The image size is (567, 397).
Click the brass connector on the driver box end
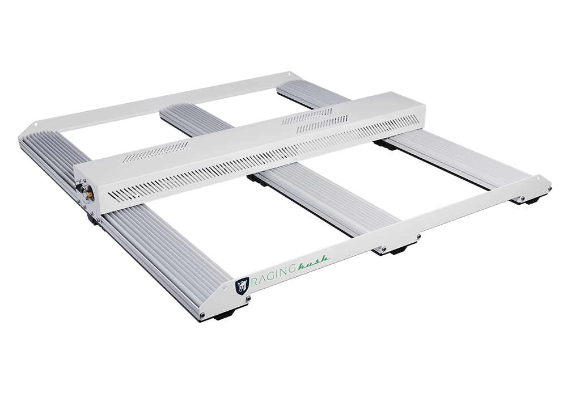(x=88, y=193)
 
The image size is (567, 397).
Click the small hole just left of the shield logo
(x=225, y=287)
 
